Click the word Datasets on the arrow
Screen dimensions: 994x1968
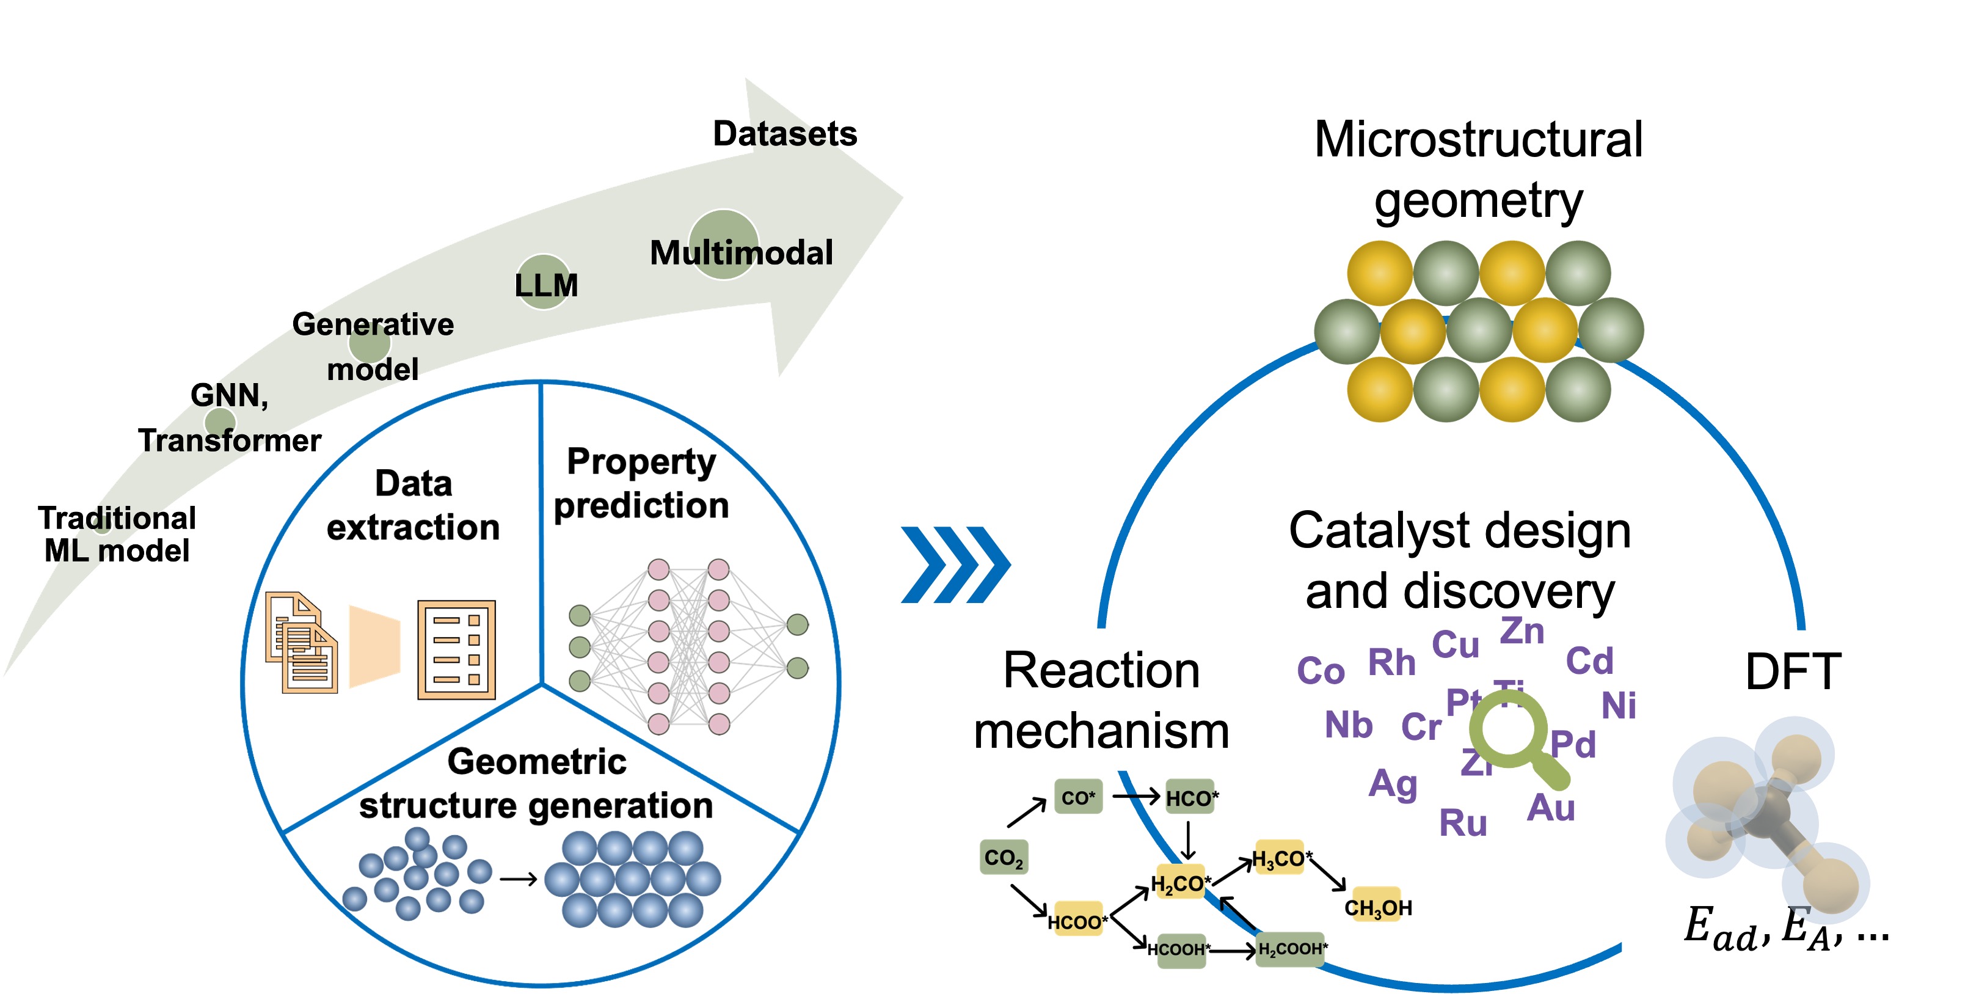tap(785, 134)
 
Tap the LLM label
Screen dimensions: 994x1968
tap(545, 285)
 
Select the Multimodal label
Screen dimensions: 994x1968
tap(740, 253)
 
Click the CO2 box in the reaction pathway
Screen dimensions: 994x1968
tap(1003, 857)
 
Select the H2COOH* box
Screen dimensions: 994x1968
tap(1292, 949)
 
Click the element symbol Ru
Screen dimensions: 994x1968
tap(1462, 824)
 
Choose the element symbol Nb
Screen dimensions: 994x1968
tap(1349, 725)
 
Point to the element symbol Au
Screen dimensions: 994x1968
tap(1550, 808)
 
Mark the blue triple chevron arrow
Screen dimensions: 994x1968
tap(955, 565)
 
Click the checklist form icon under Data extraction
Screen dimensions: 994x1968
tap(456, 649)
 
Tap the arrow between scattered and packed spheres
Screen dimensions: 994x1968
tap(519, 879)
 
